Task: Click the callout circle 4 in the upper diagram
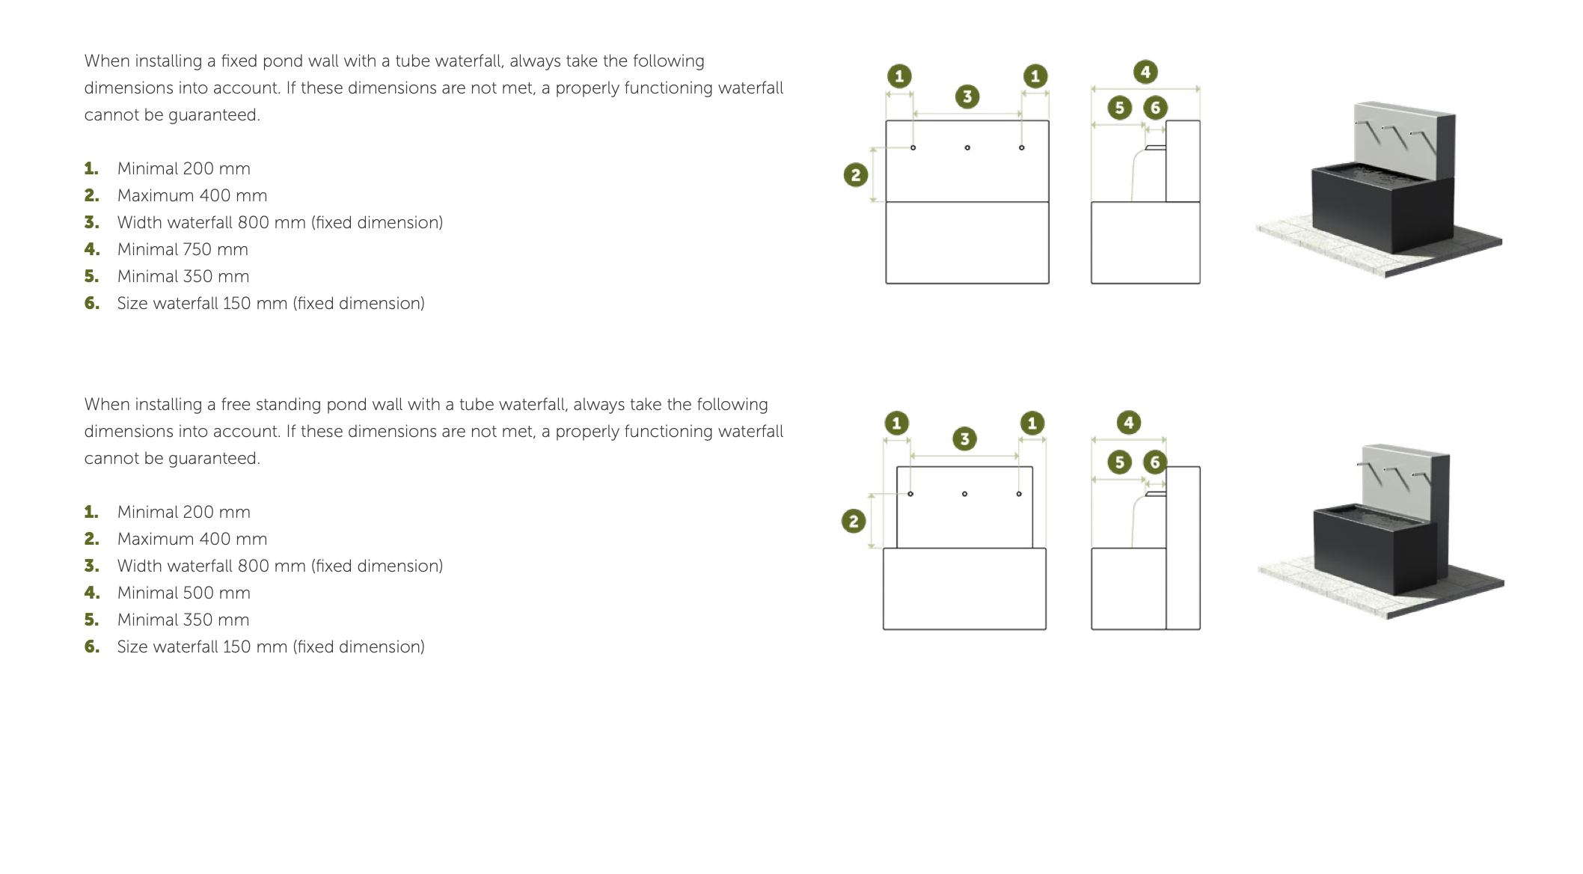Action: pyautogui.click(x=1145, y=73)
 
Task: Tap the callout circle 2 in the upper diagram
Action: pyautogui.click(x=856, y=175)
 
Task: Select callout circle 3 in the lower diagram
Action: pyautogui.click(x=965, y=438)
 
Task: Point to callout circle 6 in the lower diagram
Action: pyautogui.click(x=1155, y=462)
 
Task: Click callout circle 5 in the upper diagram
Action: pyautogui.click(x=1120, y=108)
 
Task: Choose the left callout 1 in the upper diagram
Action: pyautogui.click(x=899, y=76)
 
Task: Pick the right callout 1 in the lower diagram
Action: pyautogui.click(x=1032, y=423)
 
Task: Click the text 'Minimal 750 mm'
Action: pyautogui.click(x=183, y=249)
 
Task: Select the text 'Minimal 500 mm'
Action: pyautogui.click(x=184, y=593)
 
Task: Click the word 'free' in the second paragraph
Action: pyautogui.click(x=236, y=404)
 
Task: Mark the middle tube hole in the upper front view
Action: pyautogui.click(x=967, y=147)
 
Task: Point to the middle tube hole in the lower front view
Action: pyautogui.click(x=964, y=494)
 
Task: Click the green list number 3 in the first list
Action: pyautogui.click(x=91, y=222)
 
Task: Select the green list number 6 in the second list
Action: pyautogui.click(x=91, y=647)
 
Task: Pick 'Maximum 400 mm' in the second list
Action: pyautogui.click(x=192, y=539)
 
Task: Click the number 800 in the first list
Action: pyautogui.click(x=253, y=222)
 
